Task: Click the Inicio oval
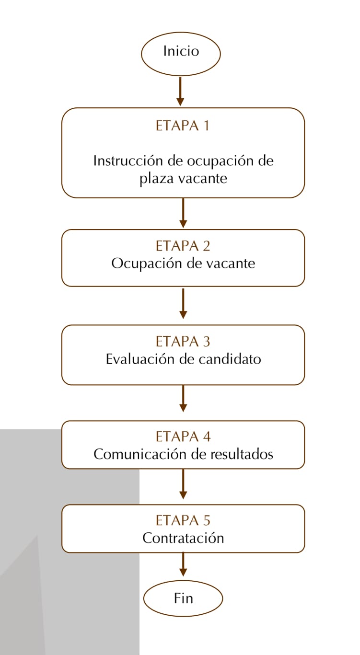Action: (x=181, y=54)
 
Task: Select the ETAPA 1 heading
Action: (x=183, y=126)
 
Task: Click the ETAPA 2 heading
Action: (x=183, y=246)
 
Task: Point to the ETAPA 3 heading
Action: (x=183, y=342)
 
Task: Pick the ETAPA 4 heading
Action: (x=183, y=437)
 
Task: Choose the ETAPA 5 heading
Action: (x=183, y=520)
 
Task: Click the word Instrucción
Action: (x=128, y=161)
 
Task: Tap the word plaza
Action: (x=156, y=179)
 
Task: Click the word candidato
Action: (x=230, y=359)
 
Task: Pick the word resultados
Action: (x=242, y=454)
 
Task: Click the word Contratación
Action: (x=183, y=538)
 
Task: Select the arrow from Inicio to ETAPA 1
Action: (x=180, y=91)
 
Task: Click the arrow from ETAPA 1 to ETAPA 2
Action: (x=183, y=213)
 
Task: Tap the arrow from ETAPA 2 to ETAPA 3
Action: (x=183, y=303)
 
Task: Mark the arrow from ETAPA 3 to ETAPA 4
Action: (x=183, y=398)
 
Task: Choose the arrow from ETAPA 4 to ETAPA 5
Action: (x=183, y=484)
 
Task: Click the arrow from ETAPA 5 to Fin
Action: (x=183, y=564)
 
